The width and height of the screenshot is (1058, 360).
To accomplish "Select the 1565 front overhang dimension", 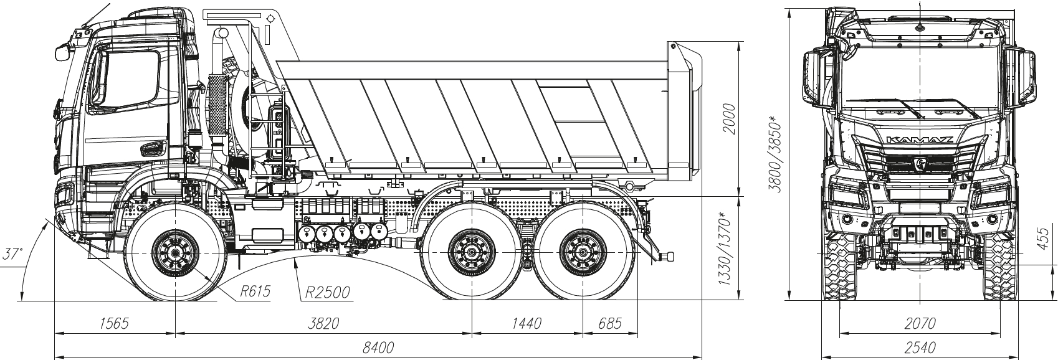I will pyautogui.click(x=114, y=323).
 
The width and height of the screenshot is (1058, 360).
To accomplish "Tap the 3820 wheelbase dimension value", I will pyautogui.click(x=323, y=323).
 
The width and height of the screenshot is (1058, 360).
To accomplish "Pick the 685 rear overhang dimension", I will pyautogui.click(x=609, y=323).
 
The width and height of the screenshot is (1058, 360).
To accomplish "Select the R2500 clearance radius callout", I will pyautogui.click(x=327, y=291).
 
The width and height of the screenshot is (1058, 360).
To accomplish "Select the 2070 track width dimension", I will pyautogui.click(x=920, y=323).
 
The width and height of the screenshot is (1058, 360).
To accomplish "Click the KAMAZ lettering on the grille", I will pyautogui.click(x=920, y=140).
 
